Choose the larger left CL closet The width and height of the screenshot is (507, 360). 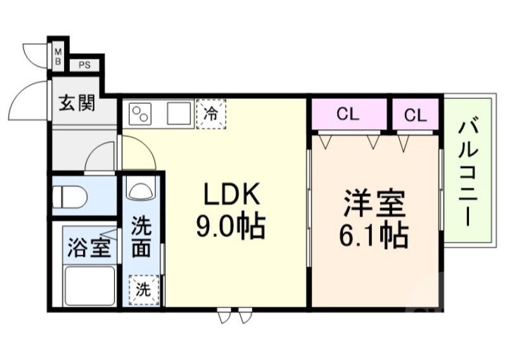click(348, 115)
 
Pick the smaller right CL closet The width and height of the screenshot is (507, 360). click(415, 115)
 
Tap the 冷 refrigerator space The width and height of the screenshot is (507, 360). click(211, 115)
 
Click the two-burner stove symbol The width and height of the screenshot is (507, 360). click(141, 115)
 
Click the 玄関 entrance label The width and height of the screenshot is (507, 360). click(77, 103)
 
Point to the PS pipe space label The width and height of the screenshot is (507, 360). click(84, 65)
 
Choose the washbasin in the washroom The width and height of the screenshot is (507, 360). click(141, 190)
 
